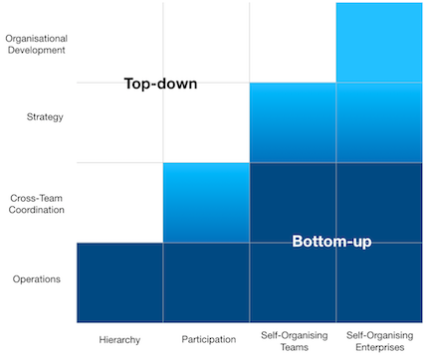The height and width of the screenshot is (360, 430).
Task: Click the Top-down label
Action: click(x=160, y=84)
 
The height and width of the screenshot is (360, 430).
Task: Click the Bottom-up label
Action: click(x=331, y=242)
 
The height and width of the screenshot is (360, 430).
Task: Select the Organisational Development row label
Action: click(x=36, y=43)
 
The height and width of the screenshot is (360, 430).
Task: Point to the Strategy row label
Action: click(x=45, y=117)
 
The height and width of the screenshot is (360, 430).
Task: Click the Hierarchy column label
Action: click(x=118, y=340)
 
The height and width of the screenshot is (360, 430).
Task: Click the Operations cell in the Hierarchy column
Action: click(x=119, y=282)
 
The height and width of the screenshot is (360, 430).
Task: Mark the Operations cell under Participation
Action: click(x=205, y=282)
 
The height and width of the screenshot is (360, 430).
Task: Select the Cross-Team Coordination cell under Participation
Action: click(x=205, y=202)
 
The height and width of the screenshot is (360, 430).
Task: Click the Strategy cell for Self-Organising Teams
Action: click(x=292, y=122)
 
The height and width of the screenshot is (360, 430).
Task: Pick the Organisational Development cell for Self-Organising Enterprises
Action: click(x=379, y=43)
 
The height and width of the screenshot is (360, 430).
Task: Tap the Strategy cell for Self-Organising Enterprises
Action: click(x=379, y=122)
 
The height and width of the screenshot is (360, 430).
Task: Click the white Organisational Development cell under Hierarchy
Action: click(x=119, y=43)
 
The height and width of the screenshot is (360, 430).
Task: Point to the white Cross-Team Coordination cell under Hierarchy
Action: click(x=119, y=202)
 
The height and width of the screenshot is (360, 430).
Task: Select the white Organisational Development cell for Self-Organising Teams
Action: click(x=292, y=43)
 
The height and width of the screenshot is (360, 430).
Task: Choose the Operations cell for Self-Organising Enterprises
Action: click(x=379, y=282)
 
